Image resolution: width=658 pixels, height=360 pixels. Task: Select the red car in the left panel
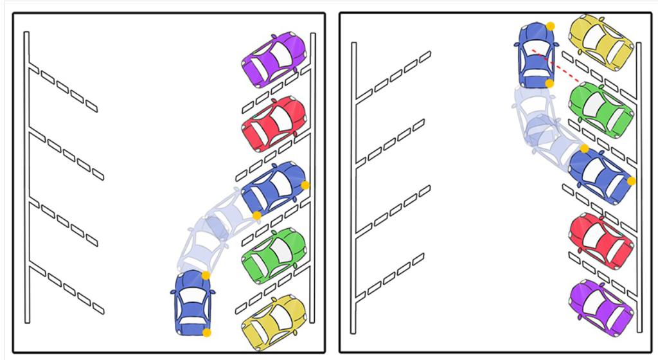273,123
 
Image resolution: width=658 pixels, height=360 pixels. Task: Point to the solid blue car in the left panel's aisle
193,302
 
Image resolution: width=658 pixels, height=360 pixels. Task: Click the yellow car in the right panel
601,41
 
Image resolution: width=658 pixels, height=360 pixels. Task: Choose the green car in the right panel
600,109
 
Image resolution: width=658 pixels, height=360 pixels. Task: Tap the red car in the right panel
600,241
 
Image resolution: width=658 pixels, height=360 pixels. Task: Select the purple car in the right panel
600,306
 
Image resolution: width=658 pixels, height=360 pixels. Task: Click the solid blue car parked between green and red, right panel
600,175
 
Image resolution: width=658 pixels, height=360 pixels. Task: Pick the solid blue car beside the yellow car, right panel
533,55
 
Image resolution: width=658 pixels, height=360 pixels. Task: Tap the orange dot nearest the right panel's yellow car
551,26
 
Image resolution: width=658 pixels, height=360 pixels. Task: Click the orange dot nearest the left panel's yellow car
206,332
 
